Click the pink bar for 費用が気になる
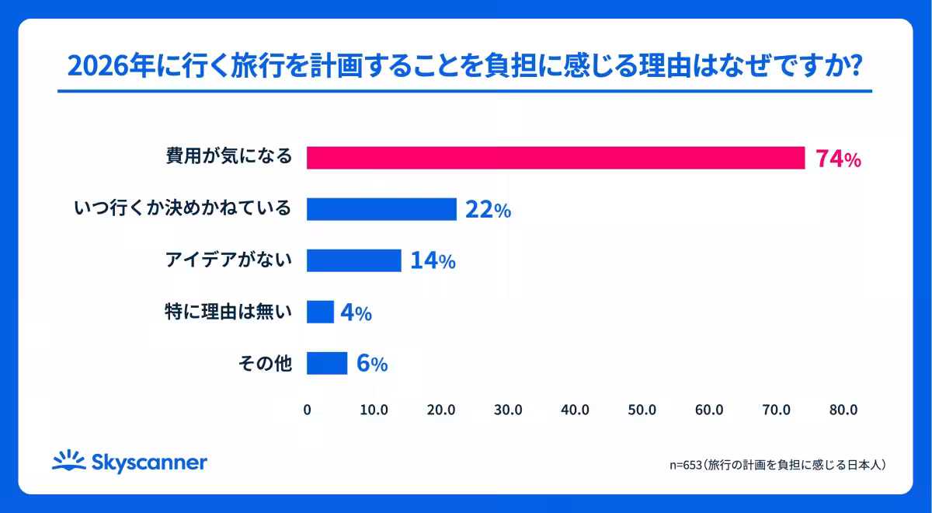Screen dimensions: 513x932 point(555,158)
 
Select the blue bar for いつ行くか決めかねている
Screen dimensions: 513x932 point(381,209)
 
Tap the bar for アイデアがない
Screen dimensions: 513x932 point(354,260)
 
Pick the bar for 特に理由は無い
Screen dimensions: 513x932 point(320,312)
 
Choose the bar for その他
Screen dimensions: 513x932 point(327,363)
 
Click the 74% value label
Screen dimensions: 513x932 point(837,159)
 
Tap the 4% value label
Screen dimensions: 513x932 point(356,312)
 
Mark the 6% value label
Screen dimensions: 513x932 point(371,363)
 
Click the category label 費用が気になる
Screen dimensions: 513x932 point(229,157)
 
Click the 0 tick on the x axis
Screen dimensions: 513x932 point(307,410)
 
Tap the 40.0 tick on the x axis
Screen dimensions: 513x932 point(575,410)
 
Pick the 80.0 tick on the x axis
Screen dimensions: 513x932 point(843,410)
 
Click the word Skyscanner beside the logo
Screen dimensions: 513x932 point(149,462)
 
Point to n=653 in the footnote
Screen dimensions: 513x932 point(685,465)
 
